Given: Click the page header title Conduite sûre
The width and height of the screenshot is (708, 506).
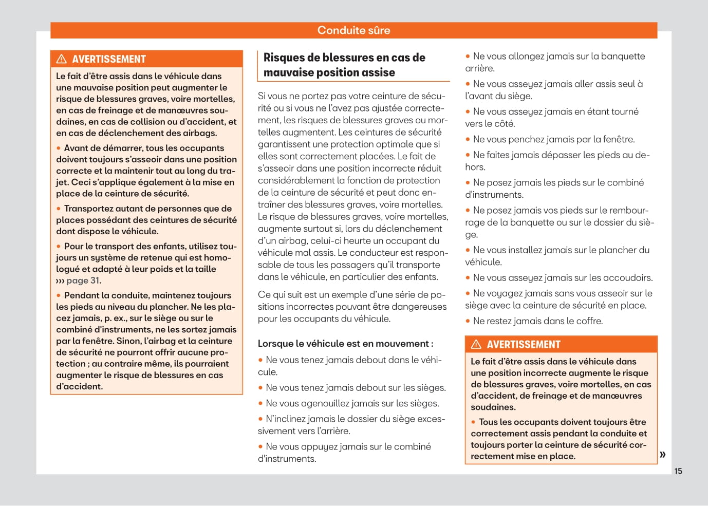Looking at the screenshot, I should pos(353,30).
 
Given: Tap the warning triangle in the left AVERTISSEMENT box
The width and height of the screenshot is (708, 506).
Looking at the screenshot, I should pos(62,59).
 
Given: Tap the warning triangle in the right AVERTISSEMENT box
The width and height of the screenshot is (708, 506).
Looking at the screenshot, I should pos(476,344).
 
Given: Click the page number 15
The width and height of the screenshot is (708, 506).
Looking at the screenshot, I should pos(678,471).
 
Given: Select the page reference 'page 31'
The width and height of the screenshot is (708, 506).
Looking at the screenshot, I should pos(83,280).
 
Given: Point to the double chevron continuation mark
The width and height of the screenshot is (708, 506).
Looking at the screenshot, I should pos(663,454).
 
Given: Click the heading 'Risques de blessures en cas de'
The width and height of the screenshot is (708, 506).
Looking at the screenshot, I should pos(344,58).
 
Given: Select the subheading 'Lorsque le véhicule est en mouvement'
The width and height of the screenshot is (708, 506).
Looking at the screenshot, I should pos(345,344).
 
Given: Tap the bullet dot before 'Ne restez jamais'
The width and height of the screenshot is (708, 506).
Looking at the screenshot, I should pos(468,321).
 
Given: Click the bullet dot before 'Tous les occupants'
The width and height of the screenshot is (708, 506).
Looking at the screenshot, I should pos(473,422).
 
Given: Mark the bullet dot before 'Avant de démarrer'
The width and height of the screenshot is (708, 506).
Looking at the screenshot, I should pos(59,148).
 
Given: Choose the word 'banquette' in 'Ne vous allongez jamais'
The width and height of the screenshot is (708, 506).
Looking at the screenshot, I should pos(623,56).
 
